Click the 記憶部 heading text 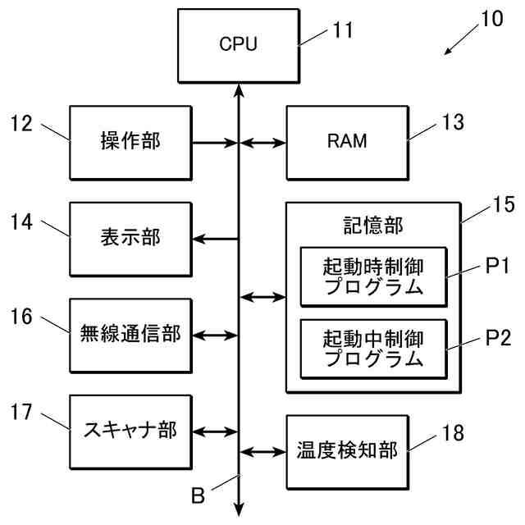pos(373,226)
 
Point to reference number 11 pos(343,30)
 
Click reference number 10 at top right pos(492,18)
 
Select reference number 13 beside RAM pos(453,122)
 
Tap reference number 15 pos(504,204)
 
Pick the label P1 pos(497,266)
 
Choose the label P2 pos(498,338)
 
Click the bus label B pos(198,495)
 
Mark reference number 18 pos(453,432)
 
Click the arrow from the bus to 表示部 pos(215,239)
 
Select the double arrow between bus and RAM pos(262,143)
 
